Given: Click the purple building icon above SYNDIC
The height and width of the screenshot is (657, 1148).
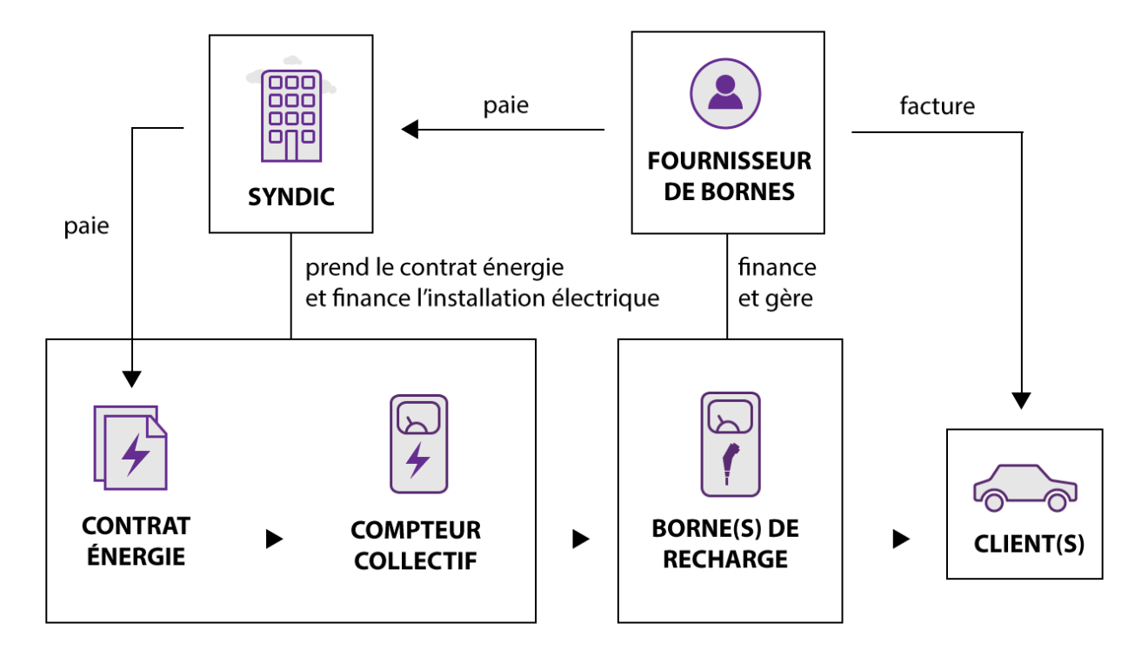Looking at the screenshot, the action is pos(291,116).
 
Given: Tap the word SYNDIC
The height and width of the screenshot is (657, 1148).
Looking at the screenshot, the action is pos(291,197).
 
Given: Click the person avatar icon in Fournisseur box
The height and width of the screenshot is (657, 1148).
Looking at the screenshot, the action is pos(725,93).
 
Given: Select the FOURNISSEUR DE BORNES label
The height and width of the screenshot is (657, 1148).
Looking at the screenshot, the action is pos(730,177).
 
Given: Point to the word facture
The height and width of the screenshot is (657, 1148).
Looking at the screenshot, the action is pos(938,106).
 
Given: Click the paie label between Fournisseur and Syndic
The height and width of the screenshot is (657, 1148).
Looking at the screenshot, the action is pos(506,106).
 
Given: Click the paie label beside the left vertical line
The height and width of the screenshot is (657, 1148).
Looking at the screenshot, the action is pos(87,226).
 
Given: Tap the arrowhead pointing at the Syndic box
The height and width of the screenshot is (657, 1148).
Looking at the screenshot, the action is pos(410,130).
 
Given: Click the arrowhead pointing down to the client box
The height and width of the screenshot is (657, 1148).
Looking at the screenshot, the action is pos(1021,400).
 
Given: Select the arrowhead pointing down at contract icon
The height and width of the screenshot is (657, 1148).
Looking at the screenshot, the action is pos(131,379).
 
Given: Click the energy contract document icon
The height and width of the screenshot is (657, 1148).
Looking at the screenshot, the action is pos(130,448).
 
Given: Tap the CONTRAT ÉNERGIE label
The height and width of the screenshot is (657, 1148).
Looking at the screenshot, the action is pos(137,541).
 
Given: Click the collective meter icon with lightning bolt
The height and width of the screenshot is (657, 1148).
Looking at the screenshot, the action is pos(418,444).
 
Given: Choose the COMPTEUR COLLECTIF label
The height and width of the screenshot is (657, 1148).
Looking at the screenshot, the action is pos(416,546).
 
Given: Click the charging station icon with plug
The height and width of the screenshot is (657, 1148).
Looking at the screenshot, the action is pos(731,444).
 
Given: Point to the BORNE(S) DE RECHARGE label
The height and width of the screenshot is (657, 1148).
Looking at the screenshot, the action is pos(725,544).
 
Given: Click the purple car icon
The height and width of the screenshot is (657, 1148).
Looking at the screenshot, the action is pos(1025,488).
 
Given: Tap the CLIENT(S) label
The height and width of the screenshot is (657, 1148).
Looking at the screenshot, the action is pos(1029,544).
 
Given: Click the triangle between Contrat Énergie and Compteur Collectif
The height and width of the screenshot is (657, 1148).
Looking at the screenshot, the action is pos(274,539).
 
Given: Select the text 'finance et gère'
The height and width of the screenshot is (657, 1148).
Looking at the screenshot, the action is pos(777,283).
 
